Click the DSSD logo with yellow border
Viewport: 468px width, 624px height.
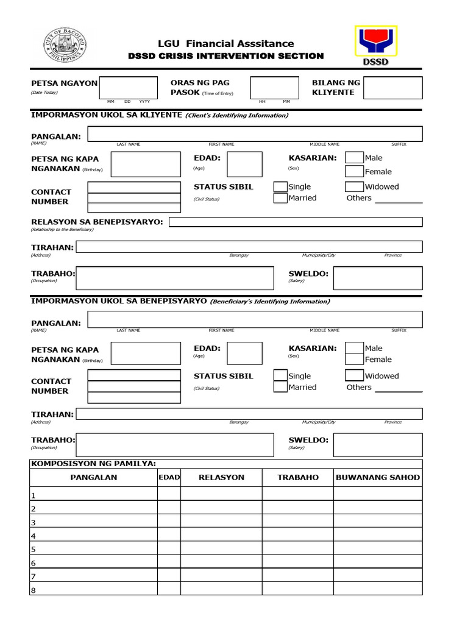click(x=375, y=47)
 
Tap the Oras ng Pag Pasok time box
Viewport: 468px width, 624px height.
click(x=274, y=88)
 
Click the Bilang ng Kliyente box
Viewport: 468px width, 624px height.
click(x=393, y=88)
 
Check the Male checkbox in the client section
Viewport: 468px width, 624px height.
click(x=354, y=158)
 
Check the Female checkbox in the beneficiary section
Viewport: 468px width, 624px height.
click(x=354, y=360)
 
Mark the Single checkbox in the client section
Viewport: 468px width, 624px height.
click(x=280, y=186)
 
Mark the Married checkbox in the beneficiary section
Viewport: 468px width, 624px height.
click(x=280, y=387)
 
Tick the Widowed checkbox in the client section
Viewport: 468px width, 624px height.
click(x=354, y=186)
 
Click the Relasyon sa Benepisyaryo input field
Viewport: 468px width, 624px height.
click(x=296, y=222)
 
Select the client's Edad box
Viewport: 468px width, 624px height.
click(x=244, y=165)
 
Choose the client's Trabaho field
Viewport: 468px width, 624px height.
click(x=175, y=278)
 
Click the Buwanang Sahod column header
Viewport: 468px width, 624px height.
click(x=378, y=477)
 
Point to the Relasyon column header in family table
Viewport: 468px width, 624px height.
click(x=221, y=477)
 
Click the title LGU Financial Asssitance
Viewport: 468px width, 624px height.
click(x=225, y=43)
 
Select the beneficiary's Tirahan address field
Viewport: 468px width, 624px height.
click(x=249, y=414)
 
